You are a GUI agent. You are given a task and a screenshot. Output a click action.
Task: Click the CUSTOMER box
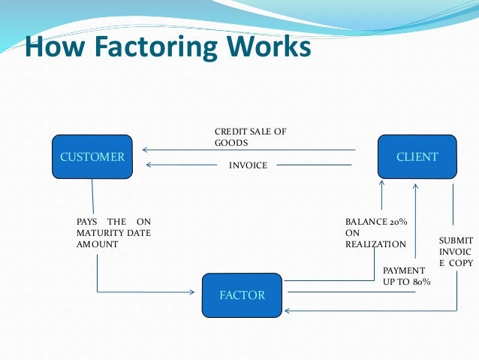coord(92,157)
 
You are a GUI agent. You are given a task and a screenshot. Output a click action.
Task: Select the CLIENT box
coord(417,157)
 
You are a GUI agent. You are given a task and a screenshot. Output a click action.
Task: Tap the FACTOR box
coord(242,295)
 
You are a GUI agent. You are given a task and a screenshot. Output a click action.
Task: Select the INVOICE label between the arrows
coord(248,165)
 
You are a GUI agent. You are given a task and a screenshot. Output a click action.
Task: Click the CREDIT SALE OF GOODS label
coord(250,137)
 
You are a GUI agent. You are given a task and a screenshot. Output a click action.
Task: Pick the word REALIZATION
coord(375,244)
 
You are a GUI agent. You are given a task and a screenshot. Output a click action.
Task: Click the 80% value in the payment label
coord(420,281)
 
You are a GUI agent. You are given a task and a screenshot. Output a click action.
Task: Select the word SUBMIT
coord(456,241)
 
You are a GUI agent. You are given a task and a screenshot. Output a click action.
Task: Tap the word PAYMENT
coord(404,270)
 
